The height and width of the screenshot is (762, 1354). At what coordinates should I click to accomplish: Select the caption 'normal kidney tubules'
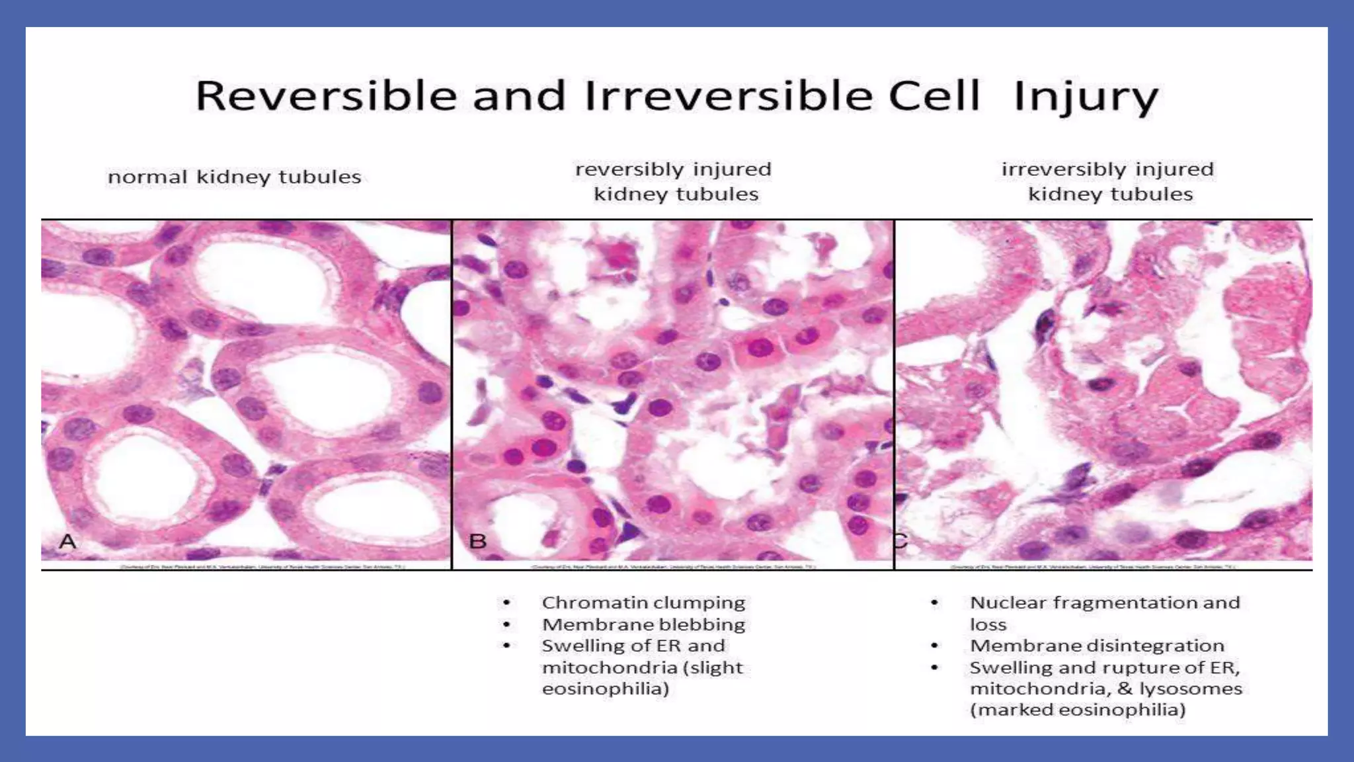tap(235, 177)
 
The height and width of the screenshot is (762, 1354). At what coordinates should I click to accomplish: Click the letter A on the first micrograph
tap(68, 542)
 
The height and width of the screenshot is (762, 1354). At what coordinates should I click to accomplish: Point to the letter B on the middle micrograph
tap(478, 542)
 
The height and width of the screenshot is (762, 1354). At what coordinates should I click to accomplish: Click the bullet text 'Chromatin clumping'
tap(643, 603)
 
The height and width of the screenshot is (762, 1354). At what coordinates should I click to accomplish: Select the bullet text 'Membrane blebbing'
tap(643, 624)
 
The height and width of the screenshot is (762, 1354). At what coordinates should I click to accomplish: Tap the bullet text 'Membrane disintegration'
tap(1097, 646)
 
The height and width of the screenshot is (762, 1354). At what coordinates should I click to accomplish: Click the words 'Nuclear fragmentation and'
tap(1105, 603)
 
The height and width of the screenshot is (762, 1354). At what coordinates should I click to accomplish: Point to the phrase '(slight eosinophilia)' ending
tap(605, 689)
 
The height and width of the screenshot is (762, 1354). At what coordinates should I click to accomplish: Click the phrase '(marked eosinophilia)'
tap(1078, 710)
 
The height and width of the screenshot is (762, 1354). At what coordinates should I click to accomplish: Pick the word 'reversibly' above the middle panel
tap(629, 169)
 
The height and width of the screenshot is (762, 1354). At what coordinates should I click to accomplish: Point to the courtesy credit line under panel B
tap(673, 567)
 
